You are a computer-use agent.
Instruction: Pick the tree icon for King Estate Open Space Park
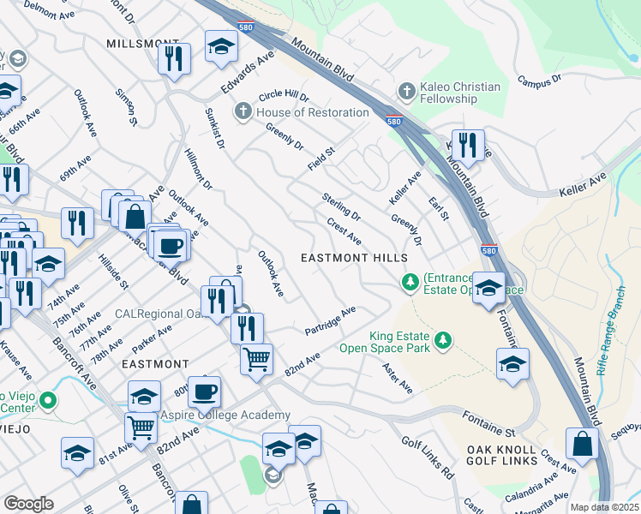click(x=443, y=341)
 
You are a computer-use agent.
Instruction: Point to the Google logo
click(x=28, y=504)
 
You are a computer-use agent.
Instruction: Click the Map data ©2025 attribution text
click(x=603, y=507)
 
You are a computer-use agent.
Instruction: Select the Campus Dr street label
click(x=538, y=80)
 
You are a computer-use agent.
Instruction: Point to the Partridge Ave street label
click(x=330, y=321)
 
